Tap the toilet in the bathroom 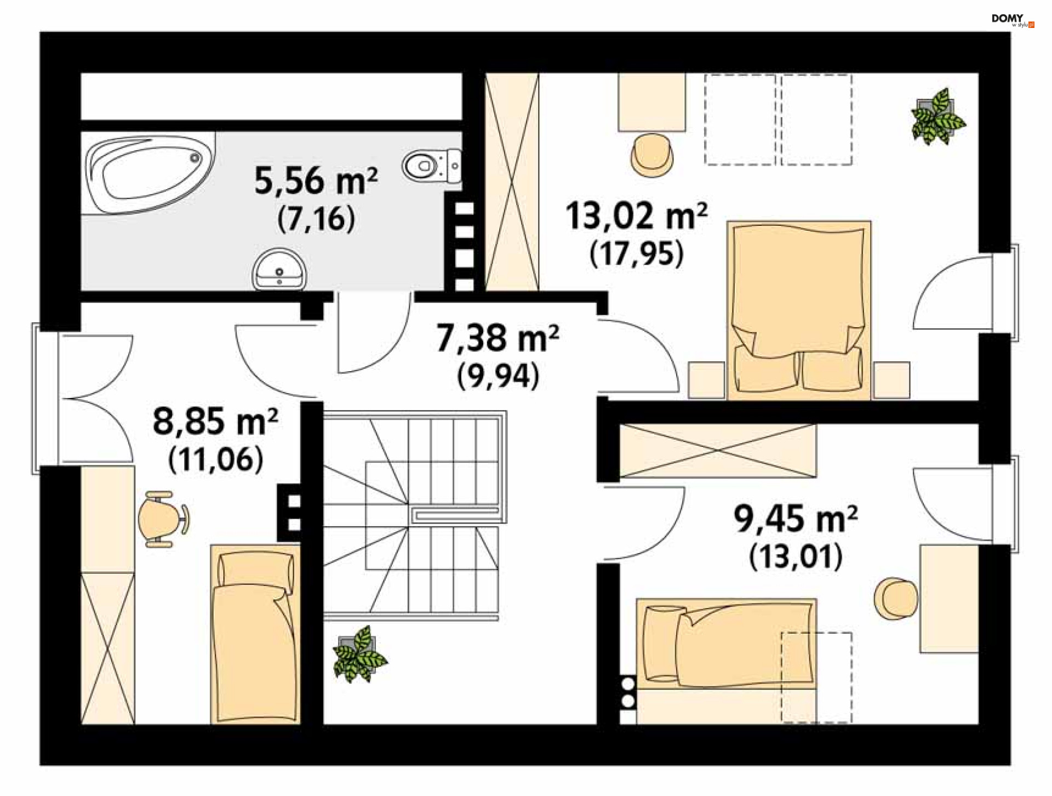click(x=432, y=165)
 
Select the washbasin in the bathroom click(x=279, y=269)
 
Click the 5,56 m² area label click(x=316, y=181)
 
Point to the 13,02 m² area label click(x=636, y=215)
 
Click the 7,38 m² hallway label click(x=498, y=338)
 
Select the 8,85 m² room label click(x=215, y=422)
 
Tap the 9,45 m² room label click(x=796, y=519)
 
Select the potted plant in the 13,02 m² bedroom click(x=937, y=117)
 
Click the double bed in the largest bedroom click(x=798, y=310)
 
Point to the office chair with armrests click(x=163, y=519)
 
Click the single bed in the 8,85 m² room click(x=255, y=634)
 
